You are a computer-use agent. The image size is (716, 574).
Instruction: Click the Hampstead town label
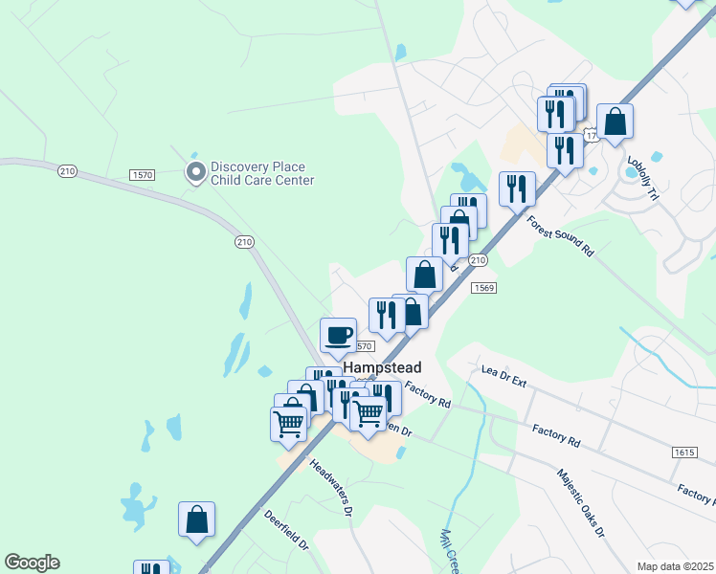[382, 367]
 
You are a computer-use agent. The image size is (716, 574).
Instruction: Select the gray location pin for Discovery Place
[195, 172]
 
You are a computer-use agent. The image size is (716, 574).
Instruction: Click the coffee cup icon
[338, 335]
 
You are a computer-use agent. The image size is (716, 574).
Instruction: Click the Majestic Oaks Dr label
[581, 503]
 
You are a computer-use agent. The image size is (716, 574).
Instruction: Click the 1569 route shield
[482, 287]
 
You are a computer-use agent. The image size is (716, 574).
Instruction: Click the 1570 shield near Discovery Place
[143, 175]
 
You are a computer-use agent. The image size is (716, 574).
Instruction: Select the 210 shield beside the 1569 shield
[478, 261]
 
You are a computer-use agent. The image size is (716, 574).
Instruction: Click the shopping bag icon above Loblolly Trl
[615, 121]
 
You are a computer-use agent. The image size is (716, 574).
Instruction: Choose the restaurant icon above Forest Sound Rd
[517, 188]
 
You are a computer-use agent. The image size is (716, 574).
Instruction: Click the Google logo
[32, 563]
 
